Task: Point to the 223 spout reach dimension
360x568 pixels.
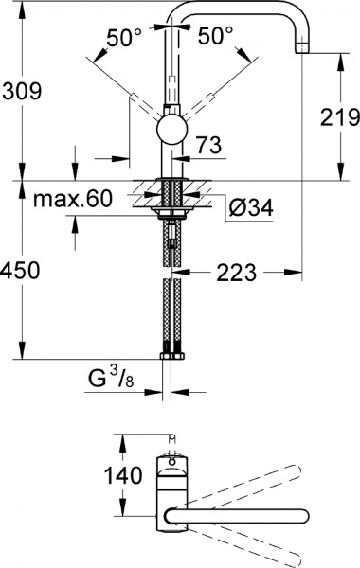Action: [x=236, y=273]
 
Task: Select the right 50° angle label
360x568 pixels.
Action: [x=215, y=37]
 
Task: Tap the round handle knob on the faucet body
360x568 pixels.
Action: [x=171, y=130]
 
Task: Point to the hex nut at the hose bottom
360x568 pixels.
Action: [x=171, y=359]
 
